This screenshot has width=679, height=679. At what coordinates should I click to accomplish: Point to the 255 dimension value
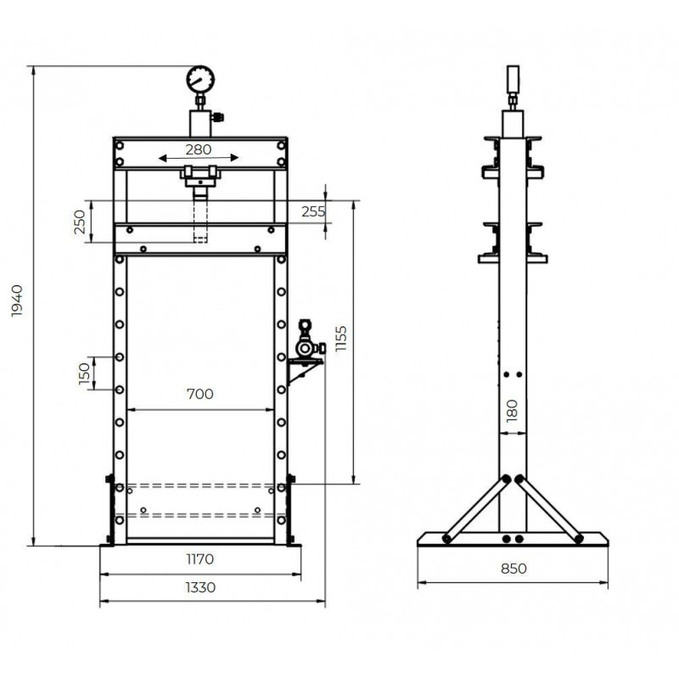click(314, 212)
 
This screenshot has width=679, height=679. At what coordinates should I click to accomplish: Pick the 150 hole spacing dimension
click(84, 373)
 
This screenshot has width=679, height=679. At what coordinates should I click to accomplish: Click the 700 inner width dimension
click(200, 394)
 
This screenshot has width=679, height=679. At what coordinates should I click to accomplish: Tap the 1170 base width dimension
click(200, 559)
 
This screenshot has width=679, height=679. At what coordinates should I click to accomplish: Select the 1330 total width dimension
click(200, 586)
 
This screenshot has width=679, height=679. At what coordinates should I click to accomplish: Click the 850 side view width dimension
click(513, 569)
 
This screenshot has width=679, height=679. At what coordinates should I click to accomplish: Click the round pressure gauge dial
click(199, 80)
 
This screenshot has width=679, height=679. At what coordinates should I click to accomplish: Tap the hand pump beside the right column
click(306, 342)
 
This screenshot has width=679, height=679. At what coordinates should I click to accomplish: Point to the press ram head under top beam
click(200, 177)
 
